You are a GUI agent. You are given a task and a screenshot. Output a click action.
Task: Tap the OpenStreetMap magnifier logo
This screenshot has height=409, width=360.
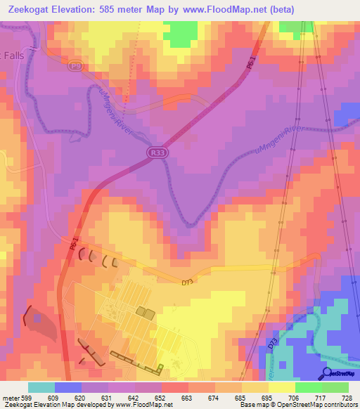click(x=327, y=372)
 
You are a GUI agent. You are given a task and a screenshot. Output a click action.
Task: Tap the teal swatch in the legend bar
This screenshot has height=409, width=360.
click(x=41, y=387)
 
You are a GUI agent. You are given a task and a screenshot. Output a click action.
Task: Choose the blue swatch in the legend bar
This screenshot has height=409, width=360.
click(x=68, y=387)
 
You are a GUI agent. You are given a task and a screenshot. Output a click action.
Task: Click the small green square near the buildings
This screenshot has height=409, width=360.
click(x=161, y=366)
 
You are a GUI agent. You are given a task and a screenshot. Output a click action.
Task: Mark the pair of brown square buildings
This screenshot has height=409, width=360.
click(x=146, y=311)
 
